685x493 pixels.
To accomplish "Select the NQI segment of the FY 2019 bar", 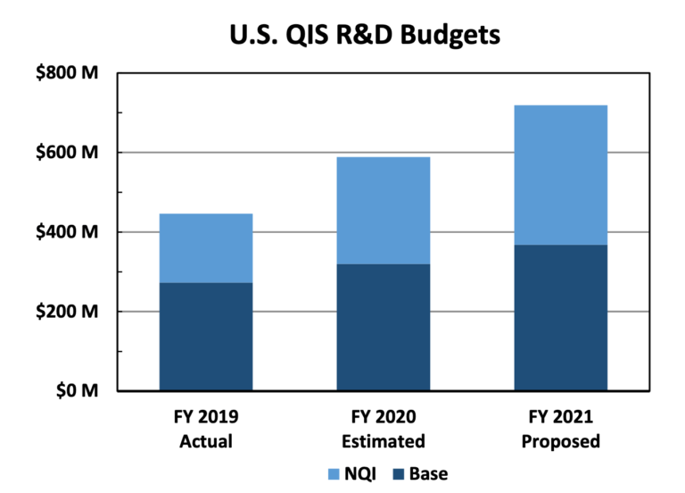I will click(x=205, y=248).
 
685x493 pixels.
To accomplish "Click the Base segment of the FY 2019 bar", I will click(x=205, y=337).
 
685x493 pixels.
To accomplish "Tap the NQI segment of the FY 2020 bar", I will click(x=383, y=211).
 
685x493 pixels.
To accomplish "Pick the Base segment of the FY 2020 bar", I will click(x=383, y=328).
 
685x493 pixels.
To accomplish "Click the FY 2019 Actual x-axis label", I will click(x=206, y=429).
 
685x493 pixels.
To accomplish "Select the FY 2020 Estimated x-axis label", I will click(x=383, y=429).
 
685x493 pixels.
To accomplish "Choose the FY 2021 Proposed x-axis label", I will click(x=560, y=429).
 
